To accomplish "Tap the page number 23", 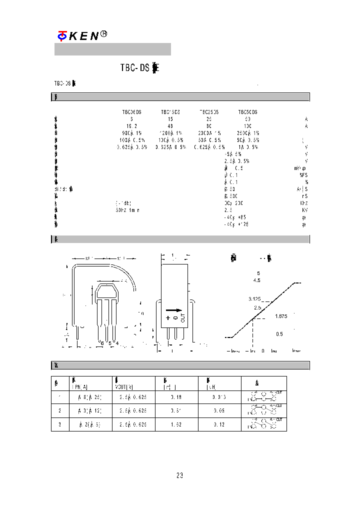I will pos(180,475).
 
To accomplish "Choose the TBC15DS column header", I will pos(170,112).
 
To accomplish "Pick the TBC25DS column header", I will pos(209,112).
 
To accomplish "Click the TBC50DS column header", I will pos(247,112).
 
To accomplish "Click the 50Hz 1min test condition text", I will pos(127,210).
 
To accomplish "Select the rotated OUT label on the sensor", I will pos(182,317).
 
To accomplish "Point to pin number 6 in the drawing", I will pos(101,343).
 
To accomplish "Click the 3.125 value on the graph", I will pos(255,298).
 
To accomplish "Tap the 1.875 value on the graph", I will pos(280,316).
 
